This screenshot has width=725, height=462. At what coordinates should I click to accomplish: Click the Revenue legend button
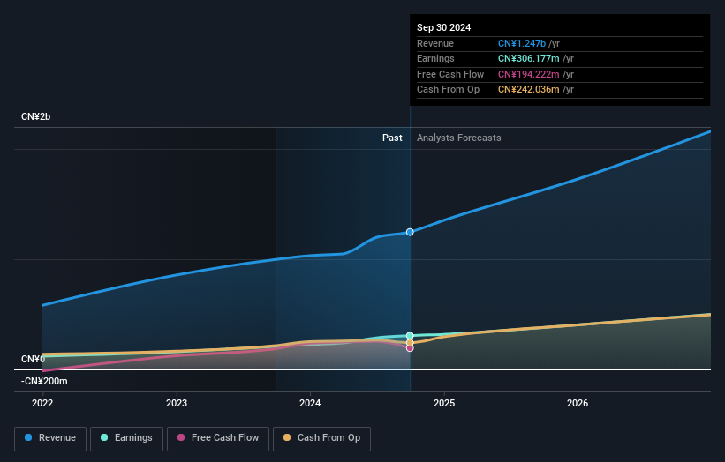tap(50, 437)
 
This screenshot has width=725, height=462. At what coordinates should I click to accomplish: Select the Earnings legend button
tap(126, 437)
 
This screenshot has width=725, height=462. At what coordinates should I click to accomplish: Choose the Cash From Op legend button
tap(321, 437)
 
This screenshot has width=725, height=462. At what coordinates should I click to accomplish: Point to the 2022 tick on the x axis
tap(42, 403)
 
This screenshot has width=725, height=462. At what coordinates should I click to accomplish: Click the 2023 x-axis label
tap(177, 403)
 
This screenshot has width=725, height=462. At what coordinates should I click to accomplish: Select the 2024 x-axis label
tap(310, 403)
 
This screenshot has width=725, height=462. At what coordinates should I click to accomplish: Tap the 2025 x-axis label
tap(444, 403)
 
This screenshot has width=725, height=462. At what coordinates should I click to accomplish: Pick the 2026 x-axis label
tap(578, 403)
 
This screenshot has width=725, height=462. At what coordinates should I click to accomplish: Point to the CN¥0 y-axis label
tap(33, 359)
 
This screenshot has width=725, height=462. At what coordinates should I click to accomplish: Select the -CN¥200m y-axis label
tap(44, 381)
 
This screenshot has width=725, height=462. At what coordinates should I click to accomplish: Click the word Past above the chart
tap(392, 138)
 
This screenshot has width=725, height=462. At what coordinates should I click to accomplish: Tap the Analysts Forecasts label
tap(458, 138)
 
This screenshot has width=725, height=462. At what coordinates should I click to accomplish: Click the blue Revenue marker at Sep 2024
tap(410, 232)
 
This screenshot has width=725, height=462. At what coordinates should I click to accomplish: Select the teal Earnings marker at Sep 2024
tap(410, 336)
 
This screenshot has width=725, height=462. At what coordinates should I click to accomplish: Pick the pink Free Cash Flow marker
tap(410, 347)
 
